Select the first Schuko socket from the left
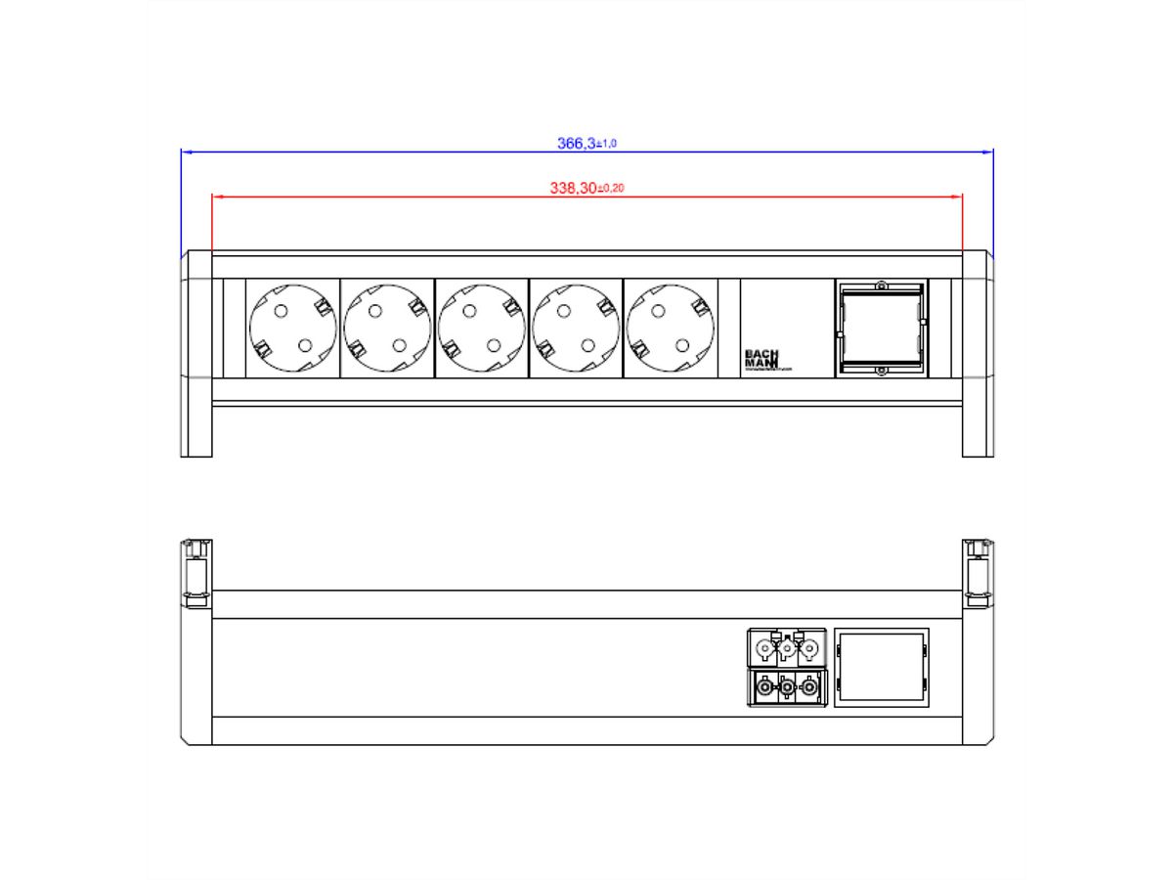(292, 328)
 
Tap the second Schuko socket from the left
(386, 328)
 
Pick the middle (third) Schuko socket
(480, 328)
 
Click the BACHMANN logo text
(760, 358)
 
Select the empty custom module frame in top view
(880, 328)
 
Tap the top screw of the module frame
(880, 286)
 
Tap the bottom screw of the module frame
(880, 371)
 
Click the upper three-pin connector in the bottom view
(787, 646)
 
